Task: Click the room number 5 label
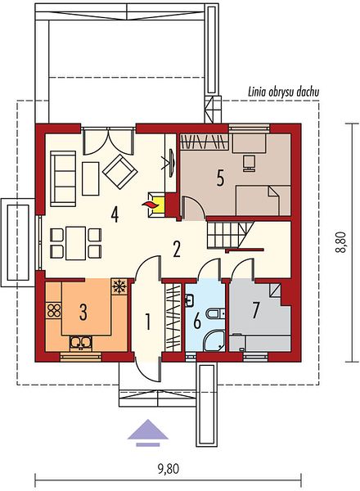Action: coord(220,178)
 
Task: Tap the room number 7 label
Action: coord(255,311)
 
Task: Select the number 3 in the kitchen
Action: coord(83,313)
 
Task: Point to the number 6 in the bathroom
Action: coord(197,322)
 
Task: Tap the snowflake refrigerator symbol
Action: coord(119,286)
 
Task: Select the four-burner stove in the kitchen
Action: coord(53,311)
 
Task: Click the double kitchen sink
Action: coord(81,343)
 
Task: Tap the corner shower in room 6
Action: coord(214,340)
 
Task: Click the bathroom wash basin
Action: coord(189,300)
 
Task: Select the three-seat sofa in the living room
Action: coord(63,178)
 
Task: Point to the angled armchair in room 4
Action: coord(120,172)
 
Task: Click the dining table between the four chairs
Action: coord(76,243)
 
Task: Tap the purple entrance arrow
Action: coord(148,433)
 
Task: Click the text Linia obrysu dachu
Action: coord(284,92)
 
